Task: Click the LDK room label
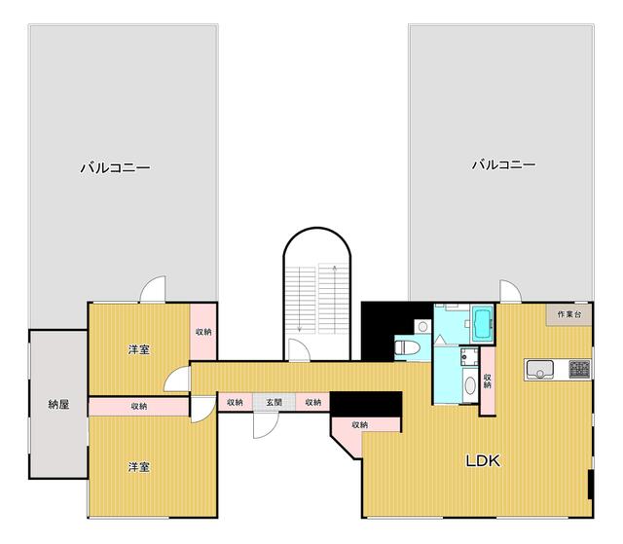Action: pyautogui.click(x=483, y=460)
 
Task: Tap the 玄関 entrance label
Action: pyautogui.click(x=274, y=402)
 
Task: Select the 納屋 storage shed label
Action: pyautogui.click(x=58, y=405)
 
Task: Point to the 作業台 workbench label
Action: pyautogui.click(x=568, y=314)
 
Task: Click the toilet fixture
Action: pyautogui.click(x=407, y=347)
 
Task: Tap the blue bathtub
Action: pyautogui.click(x=483, y=323)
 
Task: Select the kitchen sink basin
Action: pyautogui.click(x=539, y=369)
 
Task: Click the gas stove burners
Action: pyautogui.click(x=579, y=369)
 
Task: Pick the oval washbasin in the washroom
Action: pyautogui.click(x=470, y=385)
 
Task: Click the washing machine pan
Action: pyautogui.click(x=469, y=356)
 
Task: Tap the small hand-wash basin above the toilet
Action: pyautogui.click(x=422, y=327)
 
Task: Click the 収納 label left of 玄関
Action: pyautogui.click(x=235, y=402)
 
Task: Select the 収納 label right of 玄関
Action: pyautogui.click(x=313, y=402)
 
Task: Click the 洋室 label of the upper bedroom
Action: pyautogui.click(x=138, y=349)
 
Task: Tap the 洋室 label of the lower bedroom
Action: pyautogui.click(x=138, y=467)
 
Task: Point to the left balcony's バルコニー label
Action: pyautogui.click(x=115, y=167)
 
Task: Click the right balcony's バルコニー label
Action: pyautogui.click(x=504, y=164)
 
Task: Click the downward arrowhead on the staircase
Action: pyautogui.click(x=299, y=329)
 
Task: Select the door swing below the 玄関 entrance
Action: pyautogui.click(x=266, y=425)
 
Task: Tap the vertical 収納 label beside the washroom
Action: pyautogui.click(x=487, y=381)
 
